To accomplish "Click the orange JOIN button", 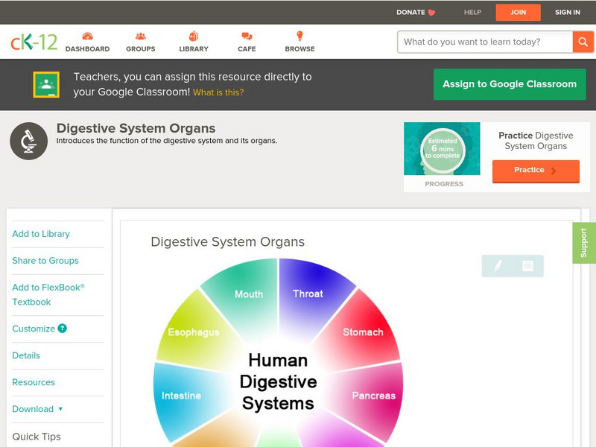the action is [518, 12].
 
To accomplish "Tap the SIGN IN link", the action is [568, 12].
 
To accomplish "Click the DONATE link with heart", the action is [416, 12].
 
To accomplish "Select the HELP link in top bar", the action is [472, 12].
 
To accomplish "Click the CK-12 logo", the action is [34, 42].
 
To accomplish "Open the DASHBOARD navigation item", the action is [87, 42].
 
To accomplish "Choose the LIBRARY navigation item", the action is [194, 42].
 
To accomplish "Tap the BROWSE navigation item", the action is [299, 42].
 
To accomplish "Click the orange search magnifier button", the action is [583, 42].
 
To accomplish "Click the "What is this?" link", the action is [218, 92].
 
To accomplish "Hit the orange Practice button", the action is [535, 171].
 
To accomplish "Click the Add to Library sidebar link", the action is [41, 234].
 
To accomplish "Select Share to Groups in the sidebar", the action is [45, 261].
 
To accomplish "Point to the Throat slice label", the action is [308, 294].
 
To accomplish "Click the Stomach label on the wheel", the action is [363, 332].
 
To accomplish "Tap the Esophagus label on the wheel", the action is [194, 332].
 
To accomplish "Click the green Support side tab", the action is [584, 243].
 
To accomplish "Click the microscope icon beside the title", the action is [29, 141].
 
